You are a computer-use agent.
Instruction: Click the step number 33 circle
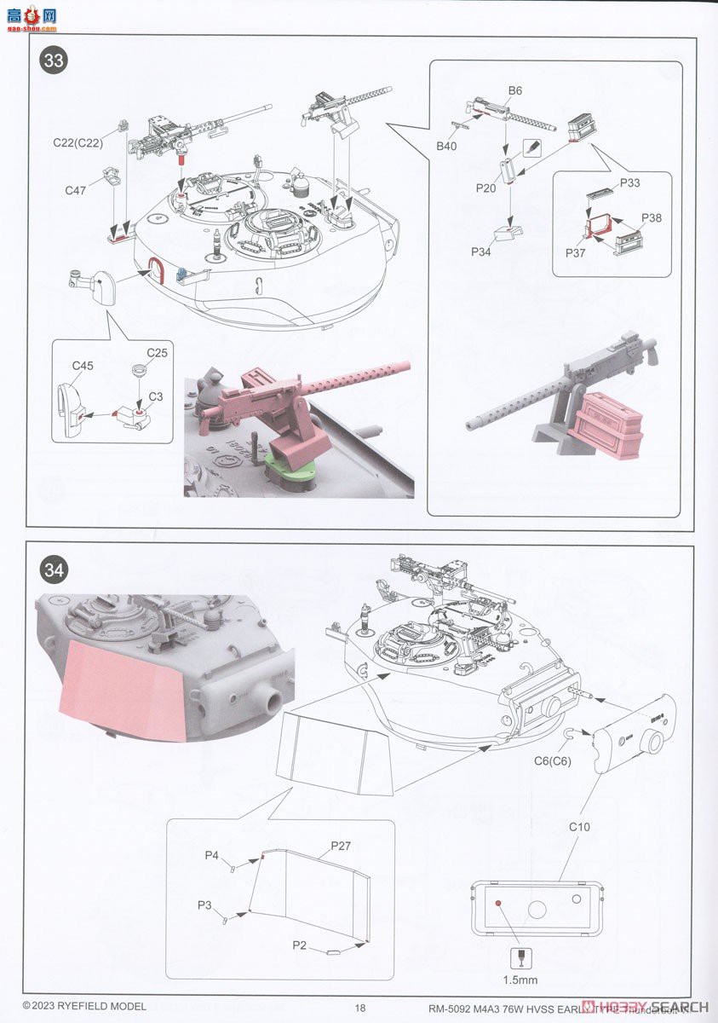(54, 61)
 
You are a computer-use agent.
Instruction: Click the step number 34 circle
(54, 569)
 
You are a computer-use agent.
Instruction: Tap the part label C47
(76, 191)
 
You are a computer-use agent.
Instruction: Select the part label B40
(446, 147)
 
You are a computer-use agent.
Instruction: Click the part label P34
(481, 252)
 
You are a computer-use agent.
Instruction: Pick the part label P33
(630, 183)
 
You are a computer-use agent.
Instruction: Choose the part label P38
(652, 218)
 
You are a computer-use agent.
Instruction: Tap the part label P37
(576, 253)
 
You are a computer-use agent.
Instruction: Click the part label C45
(83, 366)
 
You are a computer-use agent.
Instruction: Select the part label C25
(157, 352)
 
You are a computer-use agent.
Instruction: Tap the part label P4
(212, 855)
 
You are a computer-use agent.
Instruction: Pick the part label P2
(299, 945)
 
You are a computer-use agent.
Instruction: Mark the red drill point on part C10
(498, 902)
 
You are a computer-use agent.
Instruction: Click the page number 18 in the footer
(360, 1008)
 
